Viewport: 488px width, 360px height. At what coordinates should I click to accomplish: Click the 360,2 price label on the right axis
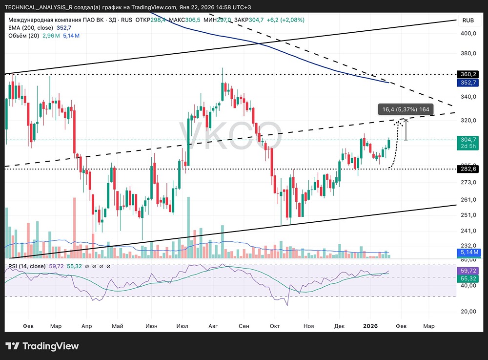468,74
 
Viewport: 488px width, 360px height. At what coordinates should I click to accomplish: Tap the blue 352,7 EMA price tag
468,83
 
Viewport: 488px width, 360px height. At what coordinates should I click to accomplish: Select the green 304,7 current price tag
468,139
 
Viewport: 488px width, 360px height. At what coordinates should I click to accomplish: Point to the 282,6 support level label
468,169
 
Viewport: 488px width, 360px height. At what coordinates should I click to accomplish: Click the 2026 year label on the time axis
371,326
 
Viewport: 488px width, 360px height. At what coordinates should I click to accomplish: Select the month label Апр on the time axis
86,326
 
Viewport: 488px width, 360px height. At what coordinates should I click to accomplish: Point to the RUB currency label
468,21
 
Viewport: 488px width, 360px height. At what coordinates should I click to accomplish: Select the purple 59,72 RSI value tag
468,270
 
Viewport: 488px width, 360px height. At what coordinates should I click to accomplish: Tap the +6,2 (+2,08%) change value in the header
287,20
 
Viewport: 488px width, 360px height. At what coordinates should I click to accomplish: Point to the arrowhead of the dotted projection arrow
399,120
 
